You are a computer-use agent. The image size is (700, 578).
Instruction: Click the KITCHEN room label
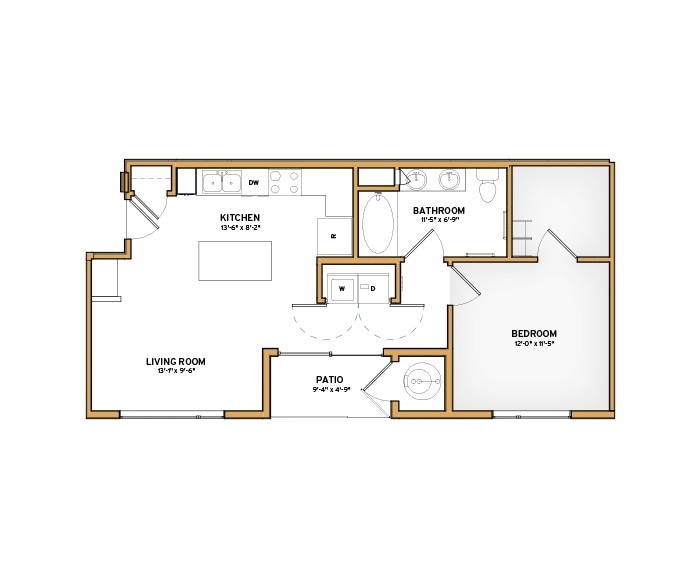[240, 217]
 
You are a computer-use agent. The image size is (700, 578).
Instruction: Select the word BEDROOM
[534, 333]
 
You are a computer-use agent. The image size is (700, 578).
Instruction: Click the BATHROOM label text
[438, 210]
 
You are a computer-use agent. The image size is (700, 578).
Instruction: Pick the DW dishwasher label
[254, 182]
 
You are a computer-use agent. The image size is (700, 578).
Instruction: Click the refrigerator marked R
[334, 237]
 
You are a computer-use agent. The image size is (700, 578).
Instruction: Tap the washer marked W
[341, 288]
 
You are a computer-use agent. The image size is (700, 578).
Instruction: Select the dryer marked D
[372, 288]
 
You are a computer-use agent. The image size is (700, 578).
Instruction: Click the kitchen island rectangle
[235, 260]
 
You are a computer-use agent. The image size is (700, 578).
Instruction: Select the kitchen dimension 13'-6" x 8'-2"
[240, 228]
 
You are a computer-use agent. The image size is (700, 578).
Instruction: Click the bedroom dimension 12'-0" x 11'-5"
[534, 344]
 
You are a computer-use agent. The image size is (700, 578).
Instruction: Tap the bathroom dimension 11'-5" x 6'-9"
[438, 221]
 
